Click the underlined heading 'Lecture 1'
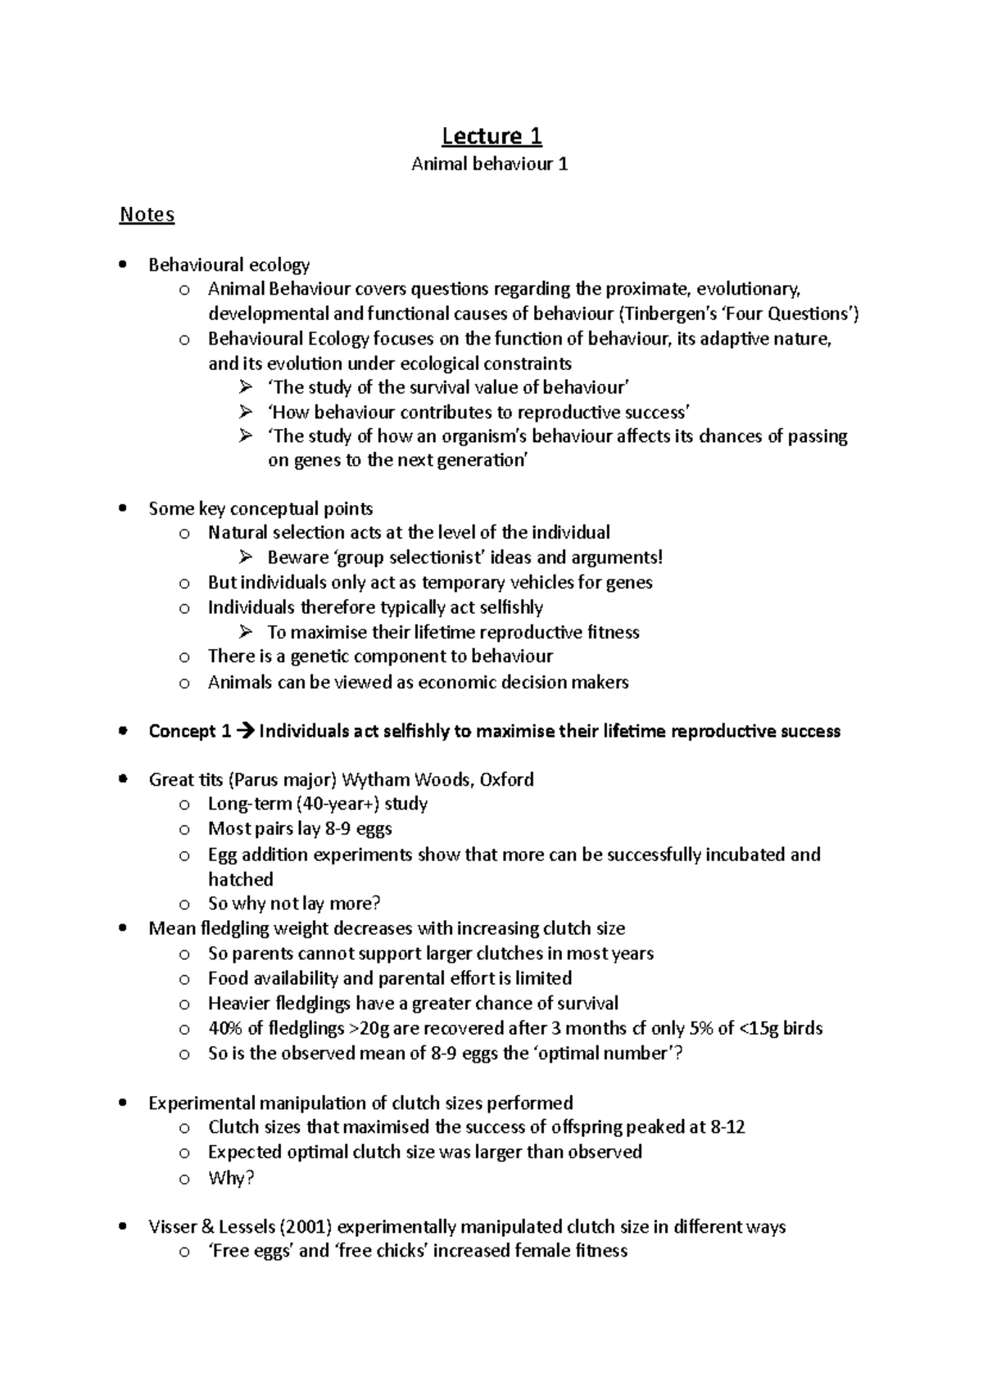coord(491,135)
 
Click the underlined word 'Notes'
coord(147,214)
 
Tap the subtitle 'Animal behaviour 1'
coord(490,165)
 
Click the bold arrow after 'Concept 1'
coord(245,731)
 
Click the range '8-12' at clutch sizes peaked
coord(727,1127)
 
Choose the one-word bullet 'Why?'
coord(231,1177)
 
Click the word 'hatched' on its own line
coord(240,879)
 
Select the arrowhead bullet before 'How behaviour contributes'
coord(245,412)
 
